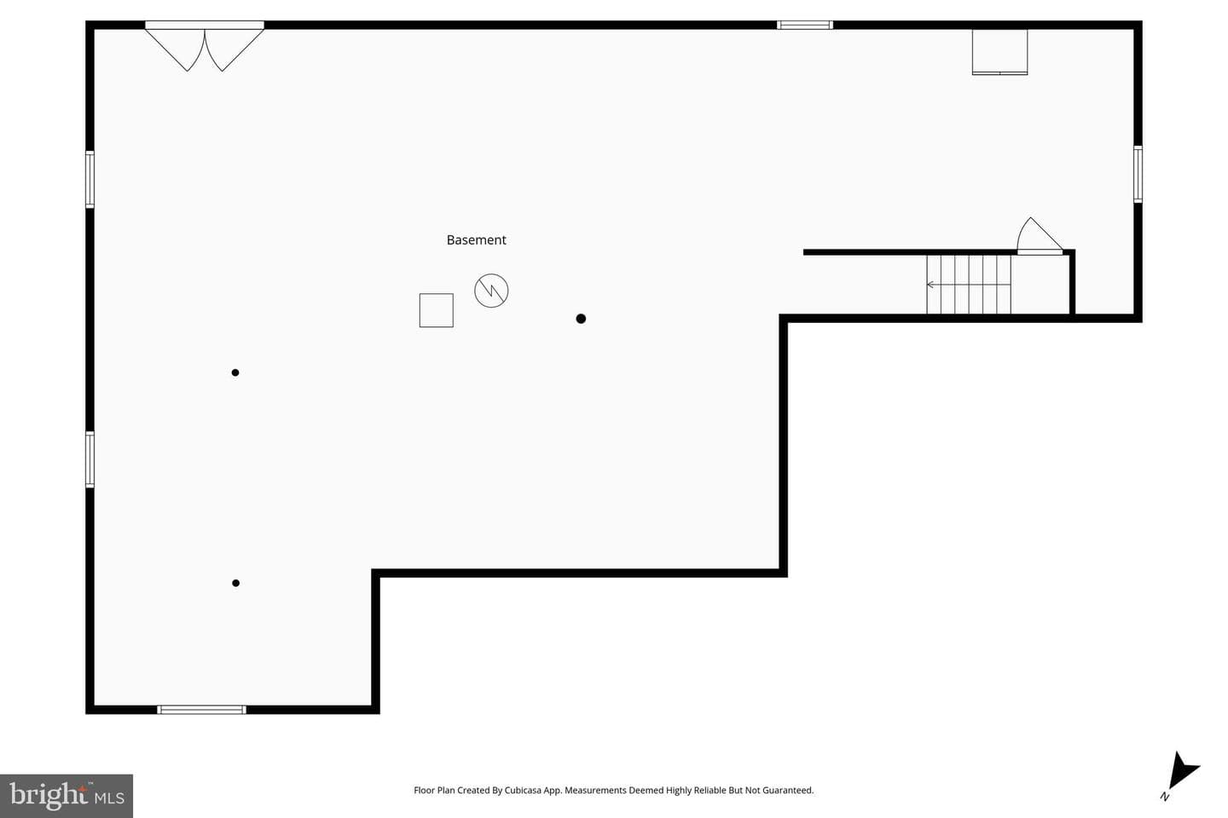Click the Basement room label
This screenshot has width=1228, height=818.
(x=476, y=240)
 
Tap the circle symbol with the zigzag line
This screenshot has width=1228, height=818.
(x=491, y=291)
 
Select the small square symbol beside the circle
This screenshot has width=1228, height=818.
(x=437, y=310)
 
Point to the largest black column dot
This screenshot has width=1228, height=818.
(x=581, y=319)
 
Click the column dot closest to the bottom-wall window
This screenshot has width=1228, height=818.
(x=235, y=583)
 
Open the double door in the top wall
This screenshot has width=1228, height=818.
(x=205, y=46)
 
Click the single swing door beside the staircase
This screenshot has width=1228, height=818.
(x=1040, y=236)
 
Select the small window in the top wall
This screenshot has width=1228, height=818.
(x=805, y=25)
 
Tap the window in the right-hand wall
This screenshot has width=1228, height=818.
(x=1138, y=174)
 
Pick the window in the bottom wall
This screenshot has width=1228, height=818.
(x=202, y=710)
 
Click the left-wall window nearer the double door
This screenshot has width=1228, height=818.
(x=90, y=179)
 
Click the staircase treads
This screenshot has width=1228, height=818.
(x=969, y=285)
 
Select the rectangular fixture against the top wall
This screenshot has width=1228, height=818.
(x=1000, y=52)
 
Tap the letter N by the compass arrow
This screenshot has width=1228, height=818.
(x=1165, y=797)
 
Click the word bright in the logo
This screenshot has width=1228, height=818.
(x=49, y=795)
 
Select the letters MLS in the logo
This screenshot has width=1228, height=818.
(x=109, y=798)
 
